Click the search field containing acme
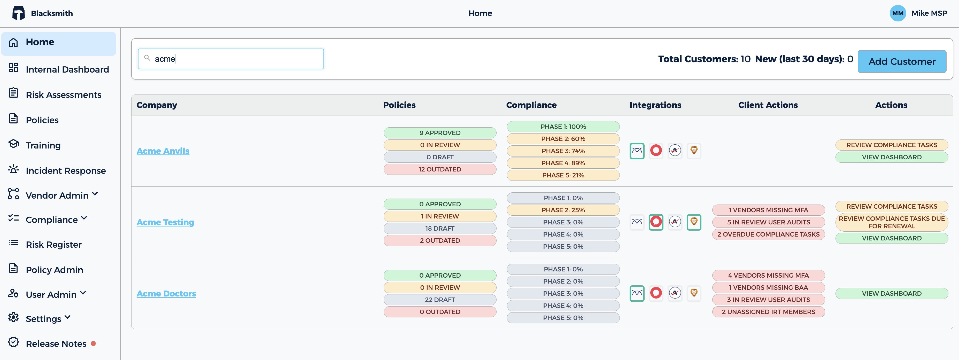(231, 59)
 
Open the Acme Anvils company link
(163, 151)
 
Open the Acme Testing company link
(165, 222)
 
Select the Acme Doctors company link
(166, 293)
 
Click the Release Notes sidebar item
(56, 344)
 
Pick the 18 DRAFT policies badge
(440, 229)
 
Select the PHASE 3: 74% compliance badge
(563, 151)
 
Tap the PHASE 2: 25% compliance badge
(563, 210)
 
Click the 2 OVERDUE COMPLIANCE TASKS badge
(768, 234)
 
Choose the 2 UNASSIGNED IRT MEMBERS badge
(768, 312)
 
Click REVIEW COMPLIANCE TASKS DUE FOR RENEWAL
(892, 222)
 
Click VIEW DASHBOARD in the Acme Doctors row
(892, 294)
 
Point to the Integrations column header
(655, 105)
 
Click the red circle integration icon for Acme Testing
(656, 222)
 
